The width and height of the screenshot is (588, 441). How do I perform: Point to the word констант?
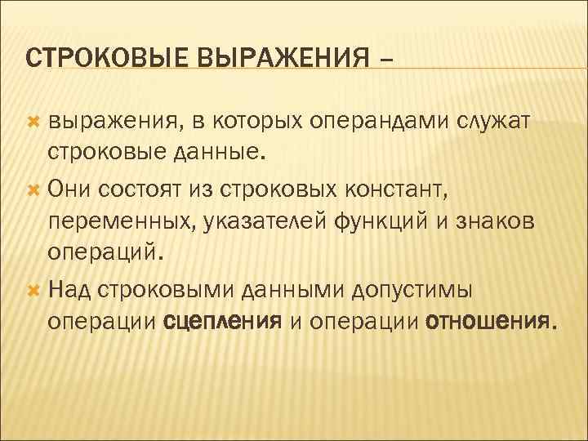point(400,188)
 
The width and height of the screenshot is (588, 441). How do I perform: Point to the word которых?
point(262,122)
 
